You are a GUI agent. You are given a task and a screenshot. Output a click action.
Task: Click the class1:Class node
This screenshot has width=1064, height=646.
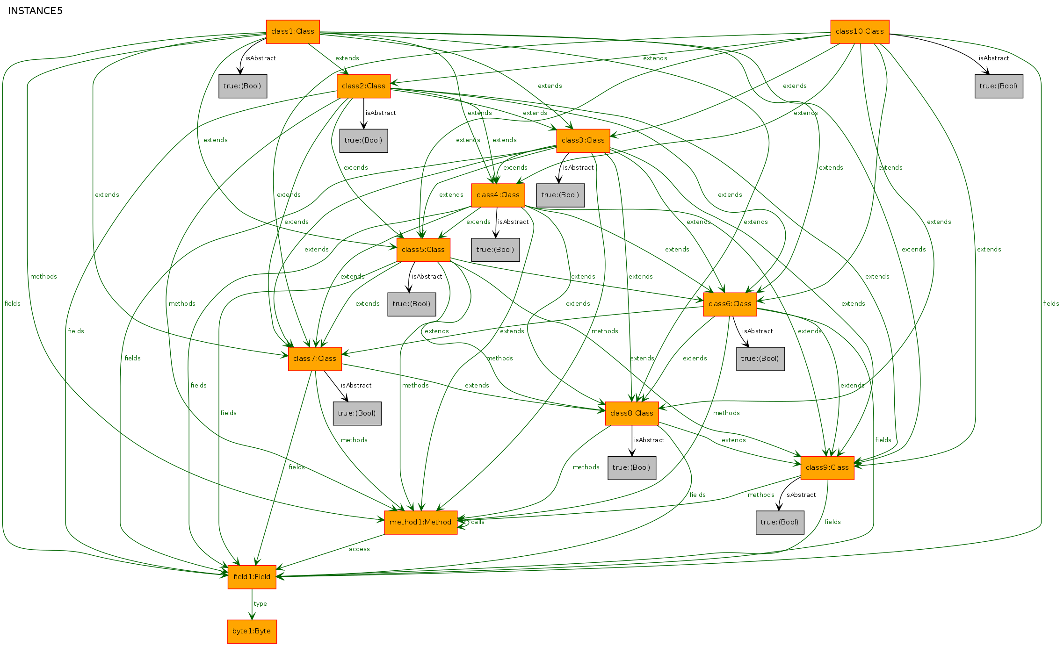coord(293,32)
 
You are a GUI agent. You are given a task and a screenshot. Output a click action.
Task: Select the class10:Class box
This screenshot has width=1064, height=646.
coord(860,32)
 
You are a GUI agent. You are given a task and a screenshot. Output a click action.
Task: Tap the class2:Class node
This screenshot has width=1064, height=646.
coord(363,86)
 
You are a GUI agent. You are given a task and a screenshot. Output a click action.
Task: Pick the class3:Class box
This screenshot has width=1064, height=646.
coord(583,141)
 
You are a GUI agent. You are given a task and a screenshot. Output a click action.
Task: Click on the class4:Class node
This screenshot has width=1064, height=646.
coord(498,195)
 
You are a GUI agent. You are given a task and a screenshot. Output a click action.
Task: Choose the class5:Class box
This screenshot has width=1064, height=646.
coord(423,250)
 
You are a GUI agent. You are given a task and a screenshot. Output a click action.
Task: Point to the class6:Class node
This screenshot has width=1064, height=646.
coord(730,304)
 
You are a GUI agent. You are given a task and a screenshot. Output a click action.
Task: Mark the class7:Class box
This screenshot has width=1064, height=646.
coord(315,359)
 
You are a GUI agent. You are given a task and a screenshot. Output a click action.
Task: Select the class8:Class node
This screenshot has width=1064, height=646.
coord(632,414)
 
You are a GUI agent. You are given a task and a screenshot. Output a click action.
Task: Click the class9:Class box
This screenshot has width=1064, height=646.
coord(827,468)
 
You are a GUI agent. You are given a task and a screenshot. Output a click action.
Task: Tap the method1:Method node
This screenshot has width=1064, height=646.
coord(420,523)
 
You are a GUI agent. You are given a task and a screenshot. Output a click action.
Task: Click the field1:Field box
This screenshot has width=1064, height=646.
coord(252,577)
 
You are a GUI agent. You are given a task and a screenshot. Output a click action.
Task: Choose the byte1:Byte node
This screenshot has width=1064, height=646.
coord(252,632)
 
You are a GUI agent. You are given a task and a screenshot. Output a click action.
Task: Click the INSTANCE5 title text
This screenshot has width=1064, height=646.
coord(35,11)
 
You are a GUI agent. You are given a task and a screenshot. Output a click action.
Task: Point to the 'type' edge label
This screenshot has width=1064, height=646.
coord(261,604)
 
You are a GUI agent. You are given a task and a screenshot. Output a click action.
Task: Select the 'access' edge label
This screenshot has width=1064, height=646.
coord(359,549)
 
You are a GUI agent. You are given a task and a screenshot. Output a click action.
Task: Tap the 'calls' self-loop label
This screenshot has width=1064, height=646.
coord(478,522)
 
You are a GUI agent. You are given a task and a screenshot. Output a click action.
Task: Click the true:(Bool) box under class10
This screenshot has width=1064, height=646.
coord(999,86)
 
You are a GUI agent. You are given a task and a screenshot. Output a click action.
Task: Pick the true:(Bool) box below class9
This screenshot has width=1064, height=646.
coord(780,523)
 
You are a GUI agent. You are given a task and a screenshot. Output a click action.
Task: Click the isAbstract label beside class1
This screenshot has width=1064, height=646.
coord(261,58)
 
